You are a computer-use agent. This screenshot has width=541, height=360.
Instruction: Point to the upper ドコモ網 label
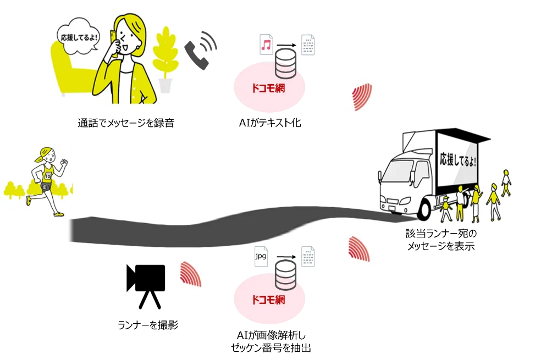point(268,88)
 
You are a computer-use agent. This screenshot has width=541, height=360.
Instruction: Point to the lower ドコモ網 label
point(268,300)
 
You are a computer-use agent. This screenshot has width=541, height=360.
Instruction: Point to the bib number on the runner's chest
point(47,176)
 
